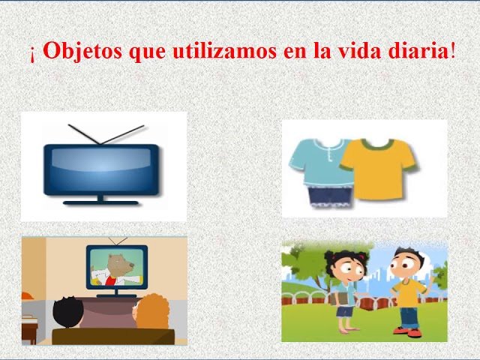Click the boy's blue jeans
coord(407,316)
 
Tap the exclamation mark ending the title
coord(452,52)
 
